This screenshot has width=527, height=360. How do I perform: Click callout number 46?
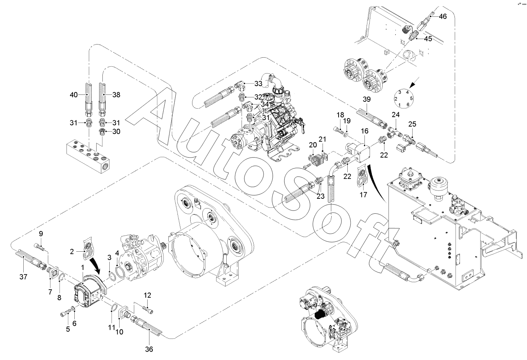click(x=442, y=16)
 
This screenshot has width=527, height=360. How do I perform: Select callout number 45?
click(x=428, y=39)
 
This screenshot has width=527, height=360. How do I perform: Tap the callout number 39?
click(x=367, y=99)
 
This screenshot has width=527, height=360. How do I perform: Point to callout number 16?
click(x=365, y=131)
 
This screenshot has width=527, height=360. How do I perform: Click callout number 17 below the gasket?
click(x=363, y=195)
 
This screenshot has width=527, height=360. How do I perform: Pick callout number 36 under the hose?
click(x=149, y=349)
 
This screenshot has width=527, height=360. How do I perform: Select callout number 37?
click(x=23, y=277)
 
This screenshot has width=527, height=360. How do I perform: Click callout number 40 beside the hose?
click(x=74, y=95)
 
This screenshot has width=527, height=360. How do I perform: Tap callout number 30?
click(x=116, y=132)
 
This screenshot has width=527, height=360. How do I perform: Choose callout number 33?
click(x=258, y=84)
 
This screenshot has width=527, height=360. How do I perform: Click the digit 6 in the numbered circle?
click(x=408, y=105)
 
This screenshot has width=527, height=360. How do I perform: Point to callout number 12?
click(x=147, y=295)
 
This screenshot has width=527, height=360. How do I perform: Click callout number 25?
click(x=412, y=124)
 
